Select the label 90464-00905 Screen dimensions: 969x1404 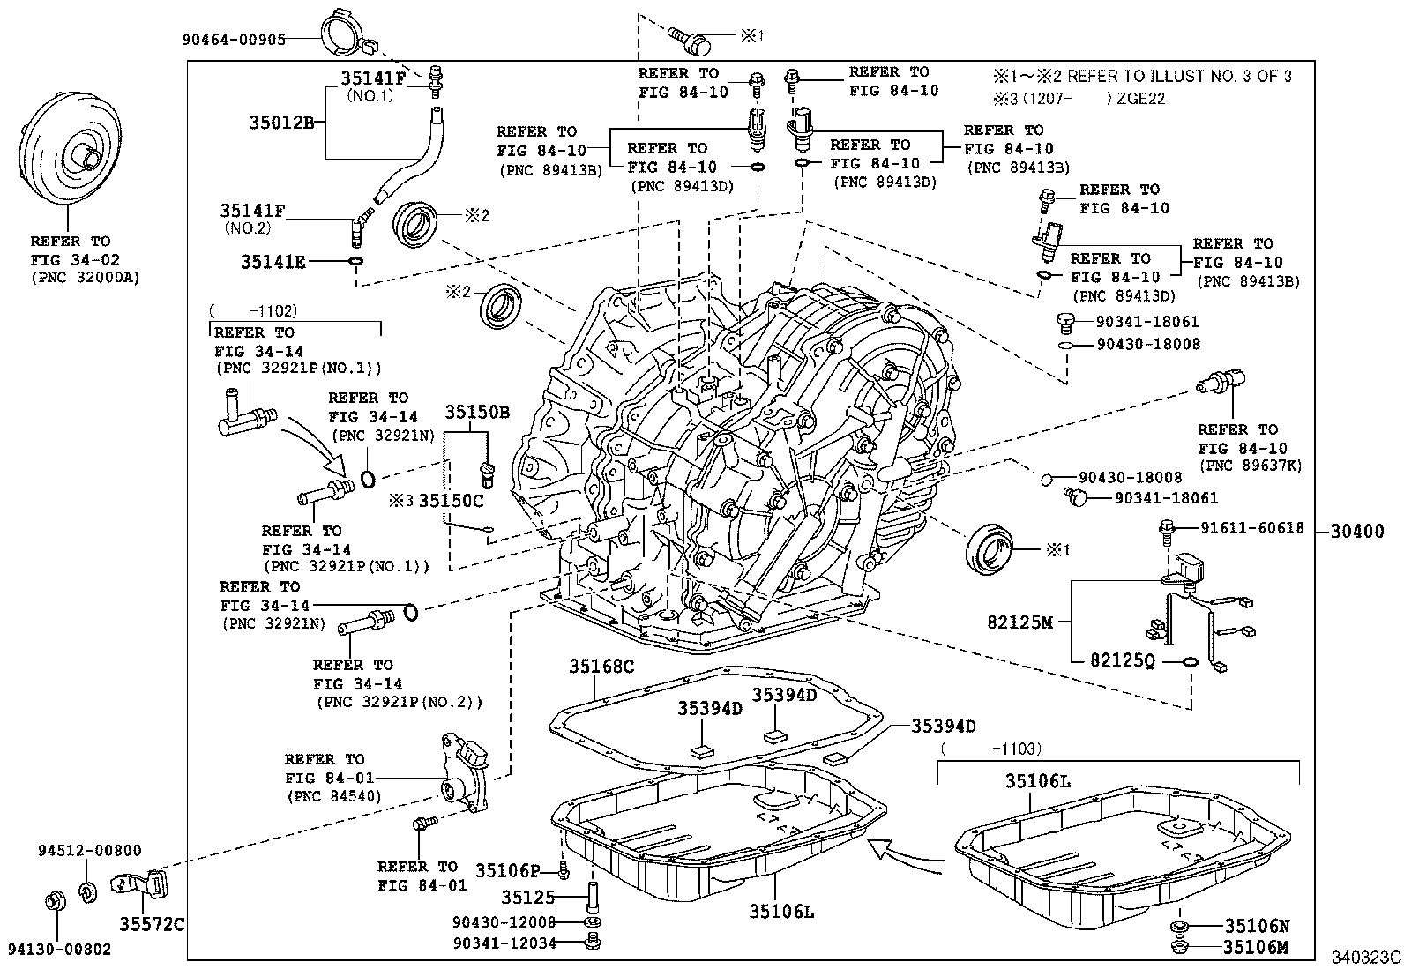click(x=235, y=39)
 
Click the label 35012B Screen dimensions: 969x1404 click(x=280, y=121)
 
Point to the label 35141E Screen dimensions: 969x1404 click(x=273, y=262)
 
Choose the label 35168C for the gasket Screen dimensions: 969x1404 click(x=601, y=667)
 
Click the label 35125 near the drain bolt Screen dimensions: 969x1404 click(x=527, y=898)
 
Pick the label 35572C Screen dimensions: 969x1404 click(x=153, y=923)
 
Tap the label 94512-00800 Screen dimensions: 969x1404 click(x=89, y=851)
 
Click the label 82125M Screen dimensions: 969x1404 click(x=1020, y=622)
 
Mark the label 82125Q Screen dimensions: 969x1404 click(x=1123, y=661)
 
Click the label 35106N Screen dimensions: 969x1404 click(x=1257, y=926)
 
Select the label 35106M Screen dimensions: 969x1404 click(x=1257, y=947)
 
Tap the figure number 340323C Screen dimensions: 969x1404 click(x=1366, y=958)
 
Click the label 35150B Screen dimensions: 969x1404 click(x=476, y=412)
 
